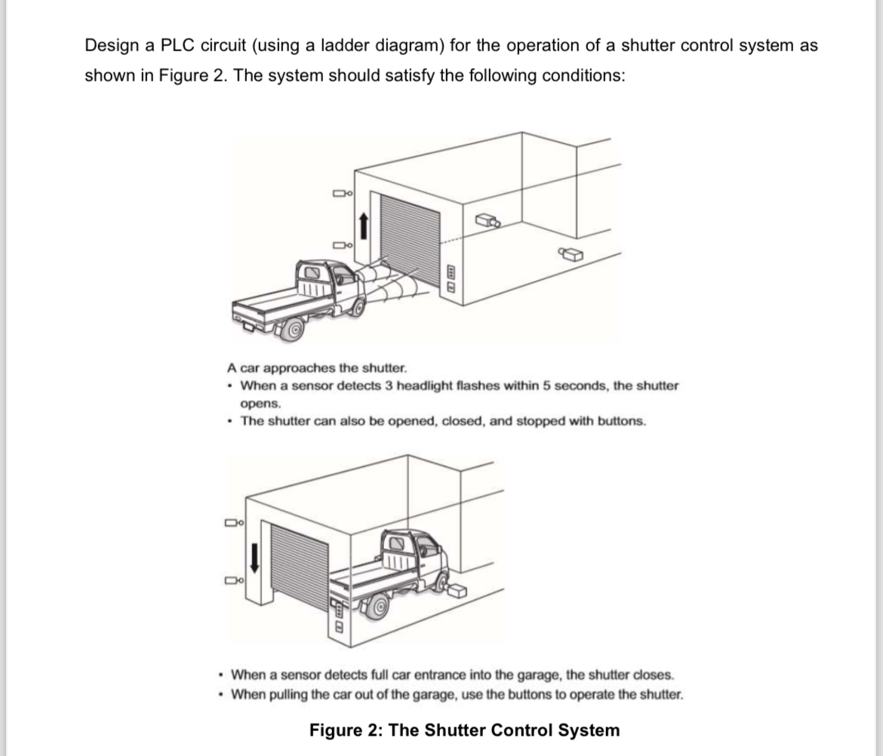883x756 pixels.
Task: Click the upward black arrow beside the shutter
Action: (363, 224)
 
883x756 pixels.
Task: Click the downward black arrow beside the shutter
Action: (254, 557)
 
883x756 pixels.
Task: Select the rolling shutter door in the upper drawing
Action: (408, 235)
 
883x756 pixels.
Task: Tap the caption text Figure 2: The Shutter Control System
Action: (464, 730)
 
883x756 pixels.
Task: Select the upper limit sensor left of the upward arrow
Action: (343, 195)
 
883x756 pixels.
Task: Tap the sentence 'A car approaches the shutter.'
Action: (316, 368)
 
